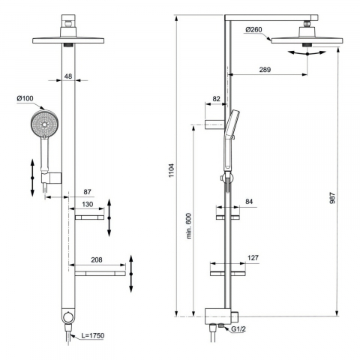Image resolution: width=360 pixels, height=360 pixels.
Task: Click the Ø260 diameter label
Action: pyautogui.click(x=253, y=30)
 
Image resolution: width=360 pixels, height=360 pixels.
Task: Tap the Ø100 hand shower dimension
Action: pyautogui.click(x=25, y=98)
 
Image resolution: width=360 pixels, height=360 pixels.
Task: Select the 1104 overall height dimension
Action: pyautogui.click(x=171, y=170)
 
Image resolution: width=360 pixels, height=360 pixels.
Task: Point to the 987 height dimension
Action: pyautogui.click(x=332, y=197)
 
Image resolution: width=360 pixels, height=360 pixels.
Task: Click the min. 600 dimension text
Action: pyautogui.click(x=189, y=226)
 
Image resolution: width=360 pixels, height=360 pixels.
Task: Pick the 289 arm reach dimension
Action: pyautogui.click(x=265, y=69)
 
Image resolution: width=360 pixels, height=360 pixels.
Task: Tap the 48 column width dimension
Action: pyautogui.click(x=68, y=76)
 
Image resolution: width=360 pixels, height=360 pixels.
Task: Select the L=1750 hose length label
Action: pyautogui.click(x=93, y=335)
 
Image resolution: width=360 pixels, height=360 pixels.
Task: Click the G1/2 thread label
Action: pyautogui.click(x=238, y=329)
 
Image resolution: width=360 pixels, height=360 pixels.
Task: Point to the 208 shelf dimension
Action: pyautogui.click(x=97, y=259)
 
